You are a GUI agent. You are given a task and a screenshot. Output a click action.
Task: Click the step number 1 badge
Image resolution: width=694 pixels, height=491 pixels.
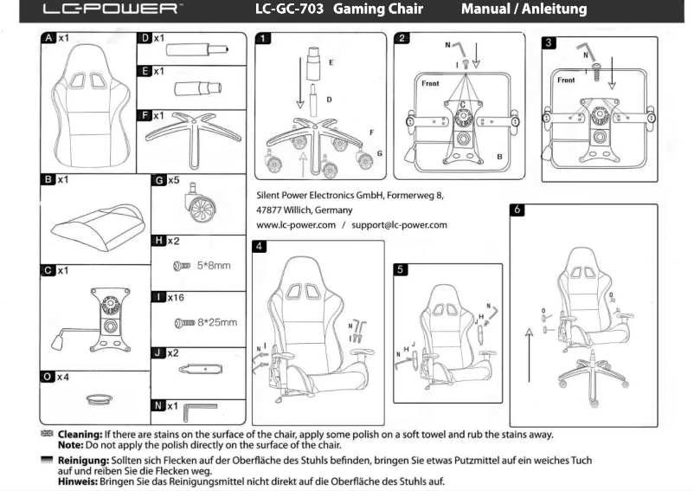[x=264, y=39]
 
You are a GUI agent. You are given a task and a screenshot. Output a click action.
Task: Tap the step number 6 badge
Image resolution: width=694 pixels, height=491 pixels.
[x=517, y=210]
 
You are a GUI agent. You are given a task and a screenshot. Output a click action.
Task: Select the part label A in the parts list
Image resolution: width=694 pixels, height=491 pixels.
[x=49, y=39]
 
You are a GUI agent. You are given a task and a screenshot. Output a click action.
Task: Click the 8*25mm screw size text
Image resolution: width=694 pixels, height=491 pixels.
[x=217, y=322]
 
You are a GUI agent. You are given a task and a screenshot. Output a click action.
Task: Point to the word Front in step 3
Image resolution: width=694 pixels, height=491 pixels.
[x=566, y=81]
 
